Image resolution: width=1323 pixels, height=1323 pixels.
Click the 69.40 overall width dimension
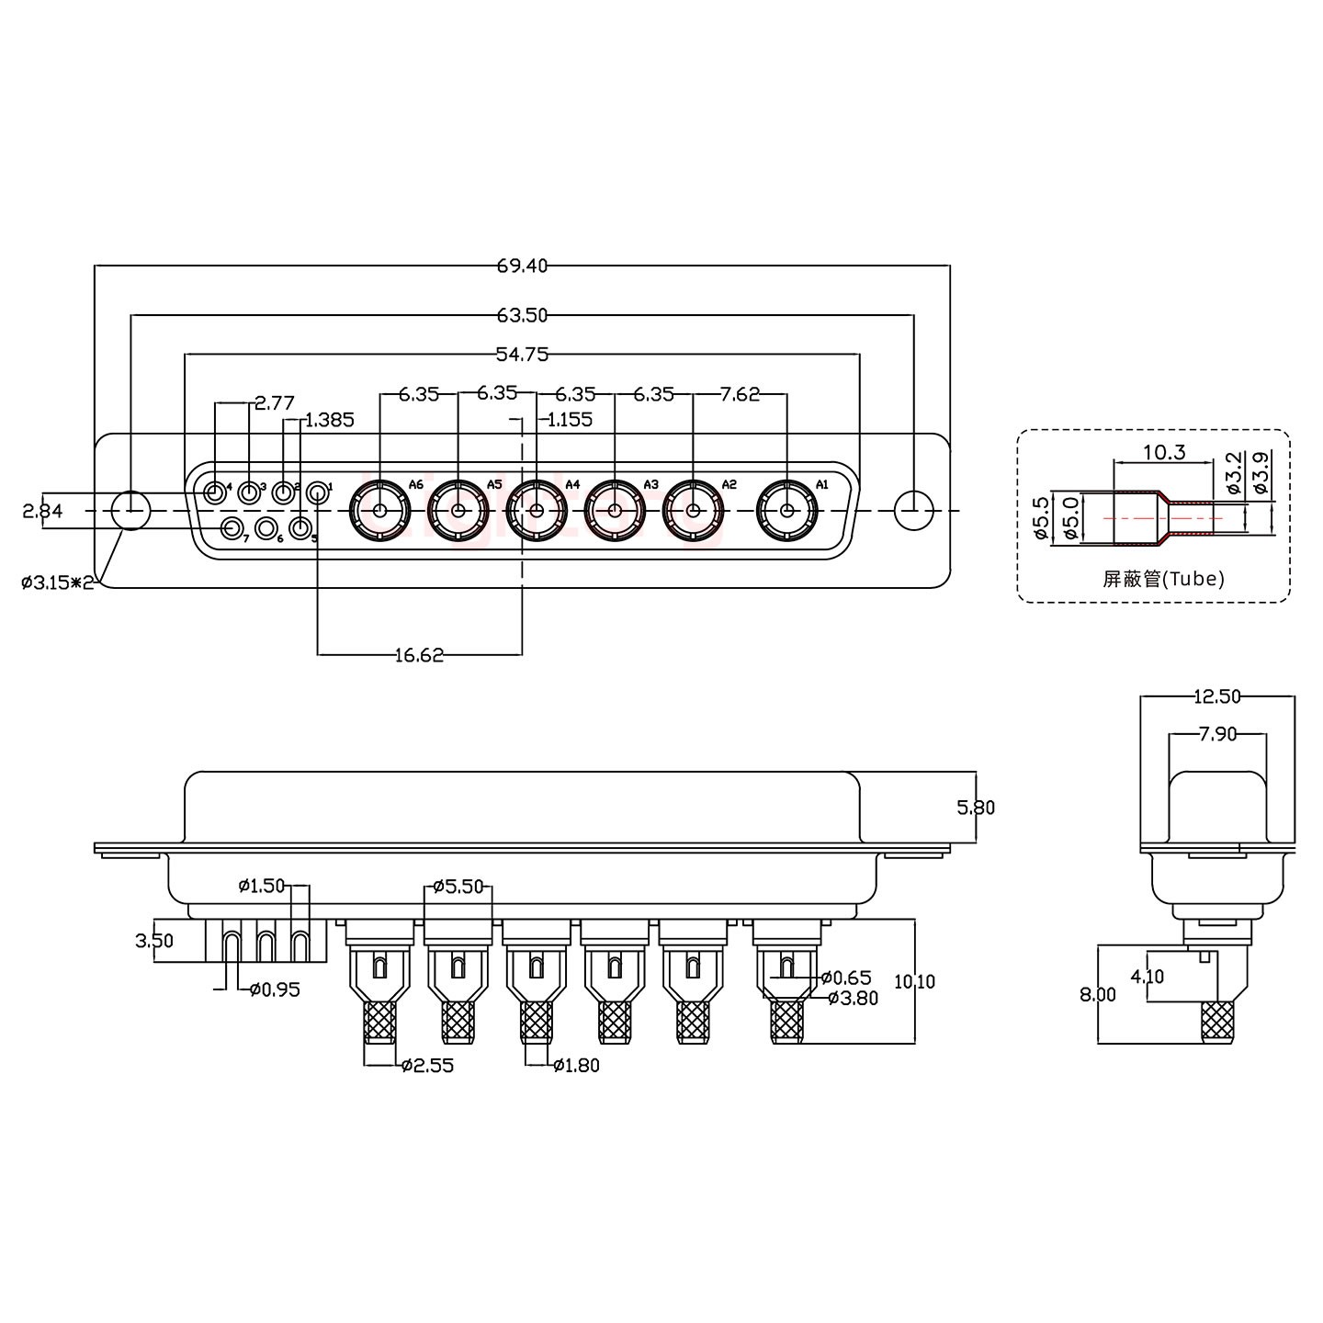[x=522, y=266]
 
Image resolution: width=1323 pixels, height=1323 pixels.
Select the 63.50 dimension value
[x=522, y=315]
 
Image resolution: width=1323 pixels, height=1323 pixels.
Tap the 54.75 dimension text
[x=522, y=354]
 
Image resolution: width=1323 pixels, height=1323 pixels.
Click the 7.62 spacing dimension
[x=740, y=394]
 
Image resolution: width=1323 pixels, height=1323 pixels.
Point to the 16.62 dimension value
[x=419, y=654]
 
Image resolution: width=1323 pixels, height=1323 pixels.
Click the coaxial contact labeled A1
[x=786, y=511]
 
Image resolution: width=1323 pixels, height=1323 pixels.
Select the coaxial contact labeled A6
[x=379, y=511]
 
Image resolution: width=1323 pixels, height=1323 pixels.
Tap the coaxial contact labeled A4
[x=536, y=511]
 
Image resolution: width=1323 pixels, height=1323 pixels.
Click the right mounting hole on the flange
[x=913, y=511]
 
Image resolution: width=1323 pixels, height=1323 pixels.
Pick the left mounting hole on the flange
[x=131, y=511]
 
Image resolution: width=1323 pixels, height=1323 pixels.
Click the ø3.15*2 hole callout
[x=58, y=582]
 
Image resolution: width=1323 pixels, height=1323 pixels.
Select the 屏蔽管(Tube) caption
[x=1163, y=579]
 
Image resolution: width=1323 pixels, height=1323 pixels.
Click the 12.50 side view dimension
[x=1216, y=696]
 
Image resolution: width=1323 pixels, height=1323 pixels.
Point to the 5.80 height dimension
[x=976, y=808]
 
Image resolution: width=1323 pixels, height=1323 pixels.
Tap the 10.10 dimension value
[x=914, y=981]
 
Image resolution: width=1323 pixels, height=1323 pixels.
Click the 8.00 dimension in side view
[x=1099, y=994]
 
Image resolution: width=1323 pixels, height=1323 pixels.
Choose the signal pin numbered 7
[x=233, y=528]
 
